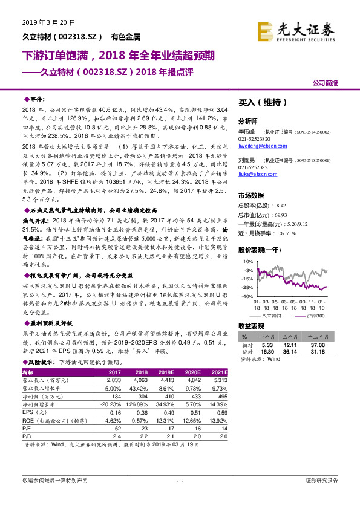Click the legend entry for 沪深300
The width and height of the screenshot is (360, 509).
point(312,315)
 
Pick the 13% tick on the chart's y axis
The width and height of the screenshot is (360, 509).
point(247,261)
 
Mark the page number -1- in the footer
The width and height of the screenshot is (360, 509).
point(180,481)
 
